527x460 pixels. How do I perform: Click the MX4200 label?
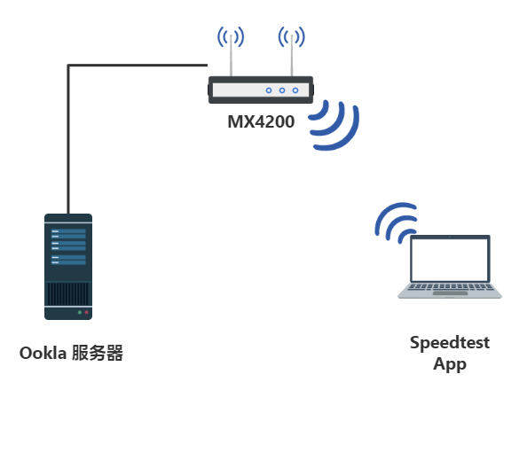coord(261,121)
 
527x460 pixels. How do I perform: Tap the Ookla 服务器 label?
coord(71,354)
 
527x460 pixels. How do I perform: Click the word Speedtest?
coord(450,343)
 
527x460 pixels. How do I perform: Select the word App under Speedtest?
coord(450,364)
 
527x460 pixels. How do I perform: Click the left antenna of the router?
coord(231,56)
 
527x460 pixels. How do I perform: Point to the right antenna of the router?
coord(292,56)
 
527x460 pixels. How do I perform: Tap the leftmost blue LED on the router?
coord(269,90)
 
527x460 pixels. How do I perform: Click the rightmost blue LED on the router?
coord(295,90)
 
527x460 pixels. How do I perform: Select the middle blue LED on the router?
coord(282,90)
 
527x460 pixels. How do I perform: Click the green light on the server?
coord(80,312)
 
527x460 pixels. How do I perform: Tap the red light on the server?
coord(86,312)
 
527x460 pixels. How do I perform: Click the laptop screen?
coord(450,260)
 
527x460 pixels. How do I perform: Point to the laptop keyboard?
coord(450,287)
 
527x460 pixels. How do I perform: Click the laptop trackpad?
coord(450,293)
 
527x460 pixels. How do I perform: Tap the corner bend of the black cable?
coord(68,65)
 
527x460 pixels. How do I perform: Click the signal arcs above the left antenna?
coord(231,36)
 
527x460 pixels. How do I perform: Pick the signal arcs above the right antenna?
coord(292,36)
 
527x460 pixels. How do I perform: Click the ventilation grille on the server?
coord(68,293)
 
